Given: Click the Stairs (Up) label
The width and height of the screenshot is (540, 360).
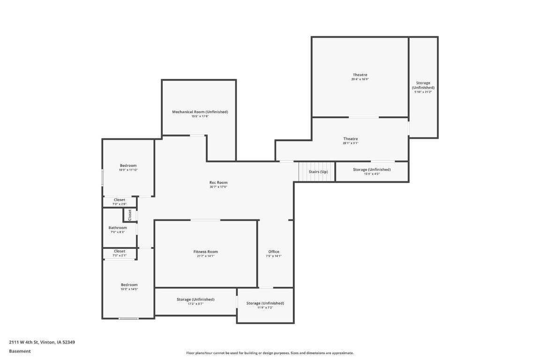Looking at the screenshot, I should [x=318, y=172].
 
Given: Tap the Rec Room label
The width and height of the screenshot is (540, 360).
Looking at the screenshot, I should [x=218, y=182].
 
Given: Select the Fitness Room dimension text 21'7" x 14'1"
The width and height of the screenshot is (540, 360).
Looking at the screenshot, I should [x=205, y=256].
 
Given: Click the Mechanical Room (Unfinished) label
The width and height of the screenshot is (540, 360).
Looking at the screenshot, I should [x=200, y=112].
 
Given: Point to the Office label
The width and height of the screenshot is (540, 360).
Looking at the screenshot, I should [x=273, y=252].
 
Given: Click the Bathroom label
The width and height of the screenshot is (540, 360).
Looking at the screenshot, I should [x=118, y=228].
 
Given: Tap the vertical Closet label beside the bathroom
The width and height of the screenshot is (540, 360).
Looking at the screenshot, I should [x=130, y=215].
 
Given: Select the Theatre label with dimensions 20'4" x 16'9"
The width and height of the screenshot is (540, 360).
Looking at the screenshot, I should [x=360, y=75].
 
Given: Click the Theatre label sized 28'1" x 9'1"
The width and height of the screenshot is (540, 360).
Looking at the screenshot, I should [x=350, y=139].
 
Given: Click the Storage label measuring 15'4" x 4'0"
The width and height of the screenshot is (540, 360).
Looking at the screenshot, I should [x=372, y=169].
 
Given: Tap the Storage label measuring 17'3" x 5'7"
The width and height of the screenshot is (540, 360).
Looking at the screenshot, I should [x=195, y=299].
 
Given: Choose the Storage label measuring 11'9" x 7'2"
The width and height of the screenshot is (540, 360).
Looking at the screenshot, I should [x=265, y=303].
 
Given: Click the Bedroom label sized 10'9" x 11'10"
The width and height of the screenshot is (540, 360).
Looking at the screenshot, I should [x=128, y=165].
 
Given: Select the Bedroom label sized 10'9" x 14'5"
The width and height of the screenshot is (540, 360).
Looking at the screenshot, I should [x=129, y=285].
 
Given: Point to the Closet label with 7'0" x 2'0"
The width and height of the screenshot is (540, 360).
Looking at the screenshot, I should [x=120, y=200].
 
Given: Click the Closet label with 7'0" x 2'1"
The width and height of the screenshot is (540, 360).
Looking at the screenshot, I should [x=120, y=251].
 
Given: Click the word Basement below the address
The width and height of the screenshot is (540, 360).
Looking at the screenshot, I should [x=20, y=351].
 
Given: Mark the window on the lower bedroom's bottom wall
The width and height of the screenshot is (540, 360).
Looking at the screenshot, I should [x=128, y=319].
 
